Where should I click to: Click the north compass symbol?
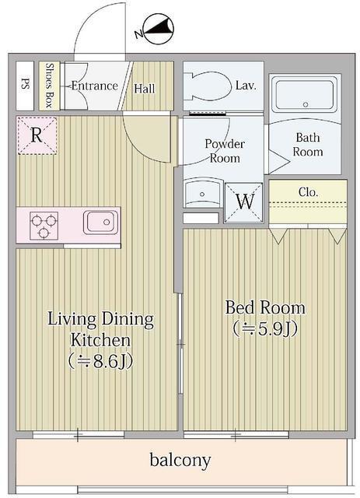coord(159,29)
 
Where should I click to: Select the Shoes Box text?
coord(49,85)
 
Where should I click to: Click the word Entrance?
coord(95,86)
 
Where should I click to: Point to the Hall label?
coord(145,89)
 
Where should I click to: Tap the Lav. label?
coord(246,85)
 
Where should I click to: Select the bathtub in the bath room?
coord(305,95)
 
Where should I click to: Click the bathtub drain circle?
coord(306,104)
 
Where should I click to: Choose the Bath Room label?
coord(308,145)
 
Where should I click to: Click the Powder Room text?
coord(225,151)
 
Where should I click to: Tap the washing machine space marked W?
coord(244,202)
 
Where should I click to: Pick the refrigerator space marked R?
coord(37,135)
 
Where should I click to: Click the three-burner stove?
coord(44,226)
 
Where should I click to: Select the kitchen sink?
coord(100,222)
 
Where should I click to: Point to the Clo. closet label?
coord(308,192)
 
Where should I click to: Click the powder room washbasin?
coord(202,193)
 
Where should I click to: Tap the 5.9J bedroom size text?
coord(265,329)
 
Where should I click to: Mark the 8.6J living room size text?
coord(100,361)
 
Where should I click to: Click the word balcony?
coord(180,460)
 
